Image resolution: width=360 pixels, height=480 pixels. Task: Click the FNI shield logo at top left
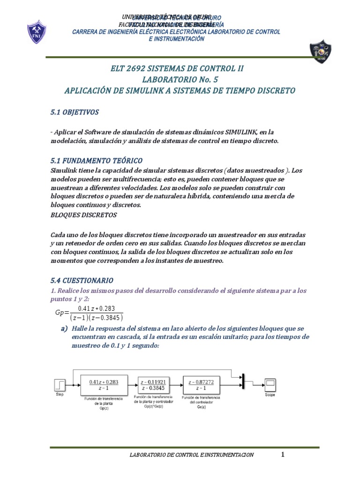tap(36, 32)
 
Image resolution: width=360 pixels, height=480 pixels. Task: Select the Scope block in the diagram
tap(270, 384)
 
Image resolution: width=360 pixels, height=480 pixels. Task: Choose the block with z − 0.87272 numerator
tap(202, 385)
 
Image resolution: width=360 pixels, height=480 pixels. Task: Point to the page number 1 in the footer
tap(283, 454)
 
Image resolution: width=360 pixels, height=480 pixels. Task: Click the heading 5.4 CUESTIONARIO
tap(82, 280)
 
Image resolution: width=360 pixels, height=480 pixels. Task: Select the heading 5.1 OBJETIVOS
tap(75, 112)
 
